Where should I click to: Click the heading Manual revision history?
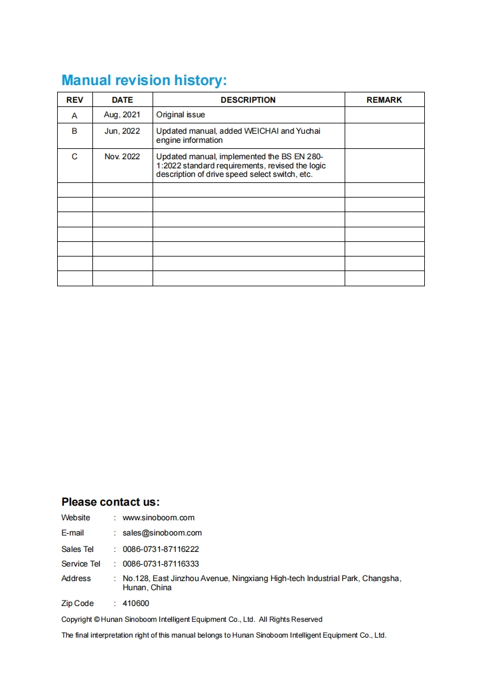tap(144, 80)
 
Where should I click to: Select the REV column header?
tap(75, 100)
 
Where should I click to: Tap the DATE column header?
tap(122, 100)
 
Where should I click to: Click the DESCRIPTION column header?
tap(248, 100)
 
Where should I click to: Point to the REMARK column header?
tap(384, 100)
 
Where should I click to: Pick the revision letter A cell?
tap(75, 115)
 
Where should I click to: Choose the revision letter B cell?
tap(75, 131)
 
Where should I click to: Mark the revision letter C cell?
tap(75, 157)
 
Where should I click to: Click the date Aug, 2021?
tap(122, 115)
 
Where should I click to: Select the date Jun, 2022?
tap(122, 131)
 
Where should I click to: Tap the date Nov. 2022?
tap(122, 157)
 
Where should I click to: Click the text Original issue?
tap(181, 115)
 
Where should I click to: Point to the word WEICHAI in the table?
tap(261, 131)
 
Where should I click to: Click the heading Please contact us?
tap(110, 502)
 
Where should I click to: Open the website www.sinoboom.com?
tap(159, 518)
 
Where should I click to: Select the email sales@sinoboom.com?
tap(162, 533)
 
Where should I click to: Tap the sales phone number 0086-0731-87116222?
tap(161, 549)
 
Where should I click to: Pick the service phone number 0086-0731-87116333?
tap(161, 564)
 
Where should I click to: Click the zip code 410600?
tap(136, 604)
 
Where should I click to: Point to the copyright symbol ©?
tap(97, 619)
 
